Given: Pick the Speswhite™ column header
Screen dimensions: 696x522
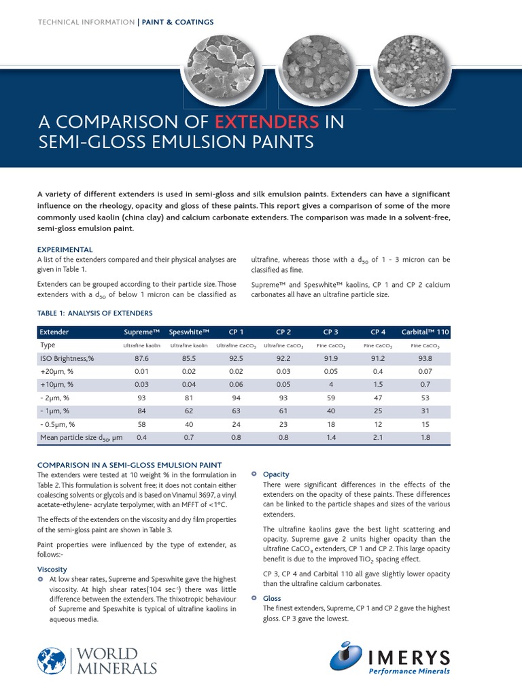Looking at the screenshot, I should click(189, 332).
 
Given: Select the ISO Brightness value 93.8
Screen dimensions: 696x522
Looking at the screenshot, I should click(425, 358).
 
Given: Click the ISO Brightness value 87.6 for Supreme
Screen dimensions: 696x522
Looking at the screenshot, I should click(142, 358).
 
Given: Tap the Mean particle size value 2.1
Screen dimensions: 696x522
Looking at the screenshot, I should click(379, 438).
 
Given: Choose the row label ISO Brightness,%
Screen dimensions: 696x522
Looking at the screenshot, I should click(67, 358).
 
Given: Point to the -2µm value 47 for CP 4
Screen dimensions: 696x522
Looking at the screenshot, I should click(379, 398).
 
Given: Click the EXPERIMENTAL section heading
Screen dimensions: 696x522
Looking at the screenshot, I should click(65, 249).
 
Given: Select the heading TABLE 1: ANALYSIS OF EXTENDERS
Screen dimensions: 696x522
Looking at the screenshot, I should click(94, 313).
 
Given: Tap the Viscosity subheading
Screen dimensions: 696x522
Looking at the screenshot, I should click(52, 569).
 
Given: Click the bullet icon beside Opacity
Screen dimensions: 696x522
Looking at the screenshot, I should click(254, 474).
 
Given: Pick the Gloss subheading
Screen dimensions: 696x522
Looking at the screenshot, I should click(272, 599).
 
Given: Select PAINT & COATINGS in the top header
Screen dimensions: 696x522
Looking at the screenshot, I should click(177, 22).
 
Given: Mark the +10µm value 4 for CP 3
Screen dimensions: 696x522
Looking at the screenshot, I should click(331, 385).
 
